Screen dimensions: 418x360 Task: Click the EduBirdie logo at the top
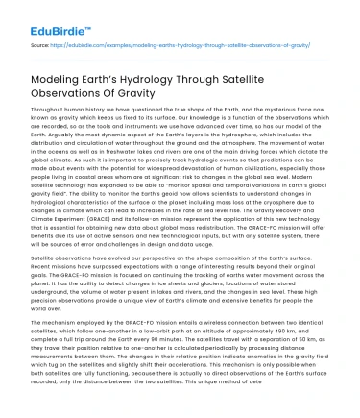39,17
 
